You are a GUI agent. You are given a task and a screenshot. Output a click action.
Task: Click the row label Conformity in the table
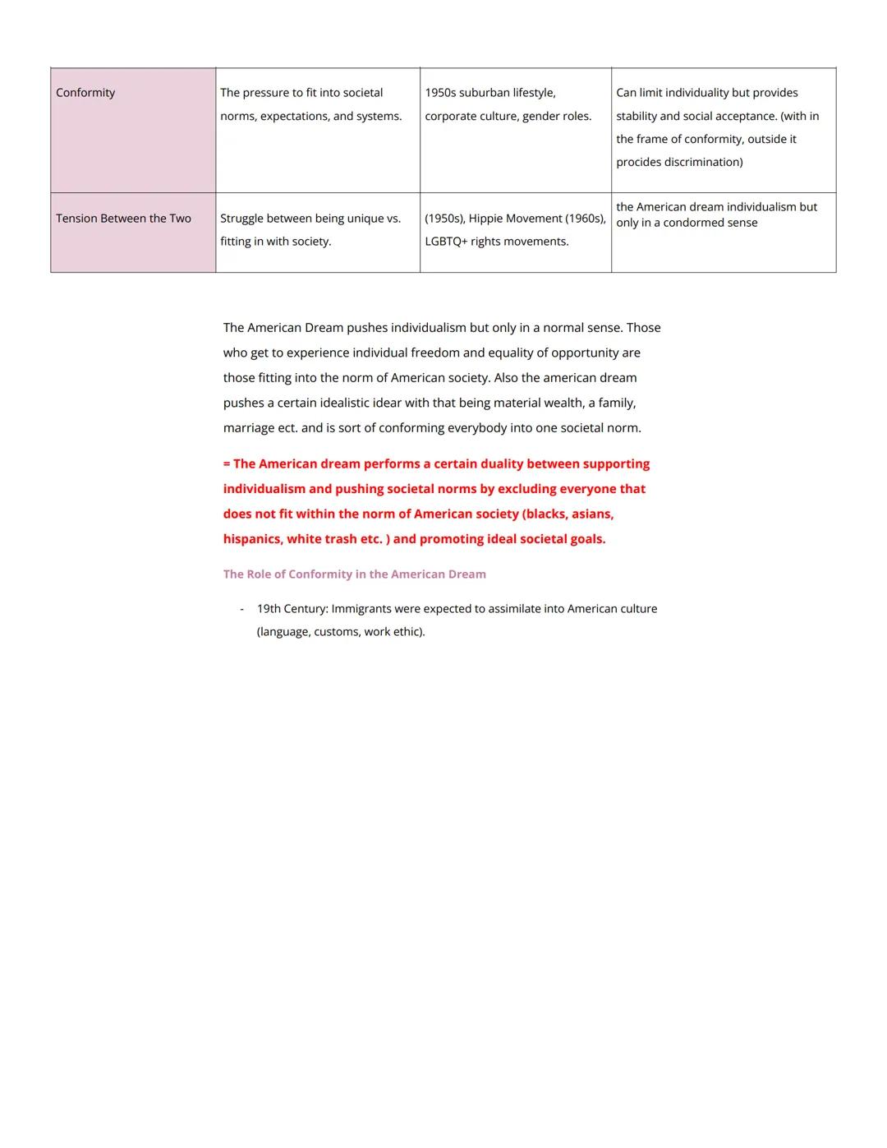[85, 93]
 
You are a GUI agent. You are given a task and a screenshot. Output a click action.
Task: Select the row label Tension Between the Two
[123, 219]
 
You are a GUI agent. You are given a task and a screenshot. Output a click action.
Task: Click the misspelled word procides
[639, 162]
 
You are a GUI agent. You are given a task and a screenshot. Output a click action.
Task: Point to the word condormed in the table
[697, 223]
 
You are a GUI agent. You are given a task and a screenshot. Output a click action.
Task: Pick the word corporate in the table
[453, 116]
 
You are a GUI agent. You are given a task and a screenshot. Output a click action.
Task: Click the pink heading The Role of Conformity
[354, 574]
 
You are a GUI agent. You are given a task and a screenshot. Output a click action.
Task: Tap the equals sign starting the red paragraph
[227, 464]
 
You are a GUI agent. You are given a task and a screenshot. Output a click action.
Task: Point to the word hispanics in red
[252, 539]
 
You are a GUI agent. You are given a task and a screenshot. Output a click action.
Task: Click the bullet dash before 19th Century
[241, 609]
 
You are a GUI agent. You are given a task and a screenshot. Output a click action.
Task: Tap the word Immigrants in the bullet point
[361, 609]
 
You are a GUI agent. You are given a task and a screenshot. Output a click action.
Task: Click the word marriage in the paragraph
[249, 428]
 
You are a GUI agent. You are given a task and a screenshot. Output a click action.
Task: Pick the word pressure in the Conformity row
[266, 93]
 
